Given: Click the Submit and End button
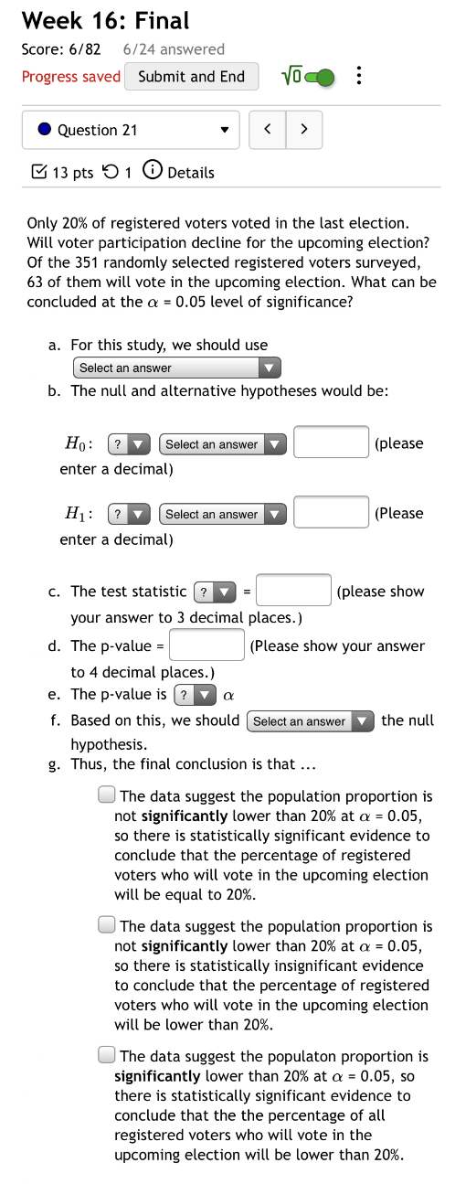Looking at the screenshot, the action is pos(191,77).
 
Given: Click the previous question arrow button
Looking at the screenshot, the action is pos(268,130).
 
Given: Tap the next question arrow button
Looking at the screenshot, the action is pos(304,130).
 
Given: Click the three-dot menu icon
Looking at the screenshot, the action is pos(359,77).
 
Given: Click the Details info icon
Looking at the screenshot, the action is pos(154,172).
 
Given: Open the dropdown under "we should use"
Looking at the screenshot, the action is pos(176,368).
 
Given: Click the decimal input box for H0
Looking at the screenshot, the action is pos(331,443).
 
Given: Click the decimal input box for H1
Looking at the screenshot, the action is pos(331,513).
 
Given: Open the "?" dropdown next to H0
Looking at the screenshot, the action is pos(129,444).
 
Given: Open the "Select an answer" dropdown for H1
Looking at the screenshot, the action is pos(223,514).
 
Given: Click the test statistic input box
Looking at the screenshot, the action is pos(293,591).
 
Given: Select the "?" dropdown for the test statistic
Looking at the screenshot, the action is pos(216,592).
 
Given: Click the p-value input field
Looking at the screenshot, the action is pos(207,645).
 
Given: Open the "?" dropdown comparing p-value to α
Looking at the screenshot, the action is pos(195,695).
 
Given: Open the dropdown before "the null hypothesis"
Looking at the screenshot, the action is pos(311,721).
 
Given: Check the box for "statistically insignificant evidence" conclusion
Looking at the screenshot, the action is pos(106,926).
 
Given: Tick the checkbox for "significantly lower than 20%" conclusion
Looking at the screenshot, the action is pos(106,1056).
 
